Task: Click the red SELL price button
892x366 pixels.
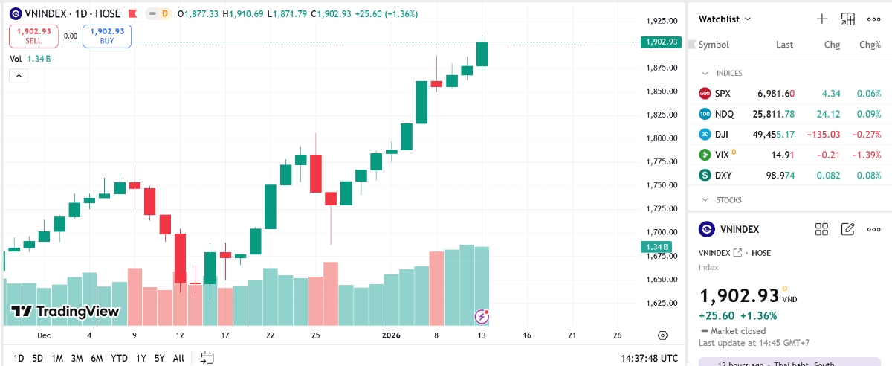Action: pyautogui.click(x=33, y=36)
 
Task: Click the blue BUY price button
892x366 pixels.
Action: pyautogui.click(x=107, y=36)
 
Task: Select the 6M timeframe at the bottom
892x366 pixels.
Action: pyautogui.click(x=97, y=358)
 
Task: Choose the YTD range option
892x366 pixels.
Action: pyautogui.click(x=119, y=358)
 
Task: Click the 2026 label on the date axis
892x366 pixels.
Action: pyautogui.click(x=391, y=335)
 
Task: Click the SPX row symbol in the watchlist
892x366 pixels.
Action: pyautogui.click(x=723, y=94)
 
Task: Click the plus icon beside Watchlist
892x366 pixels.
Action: pyautogui.click(x=822, y=19)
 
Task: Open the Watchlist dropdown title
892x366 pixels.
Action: pyautogui.click(x=725, y=19)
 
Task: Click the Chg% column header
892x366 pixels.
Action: pyautogui.click(x=869, y=45)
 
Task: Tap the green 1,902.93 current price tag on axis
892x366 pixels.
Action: pyautogui.click(x=661, y=42)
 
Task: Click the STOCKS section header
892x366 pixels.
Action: pyautogui.click(x=728, y=200)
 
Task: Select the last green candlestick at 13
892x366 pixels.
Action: pyautogui.click(x=482, y=54)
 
